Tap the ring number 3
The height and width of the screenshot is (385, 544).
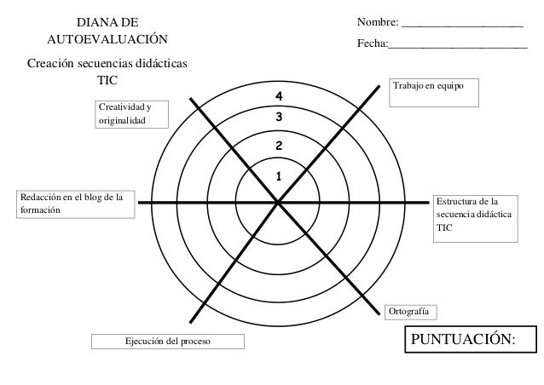click(x=277, y=117)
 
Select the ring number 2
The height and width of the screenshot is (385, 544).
click(x=277, y=147)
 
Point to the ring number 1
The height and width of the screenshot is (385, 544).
click(x=277, y=176)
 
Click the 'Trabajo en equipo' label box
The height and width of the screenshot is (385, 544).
click(x=434, y=91)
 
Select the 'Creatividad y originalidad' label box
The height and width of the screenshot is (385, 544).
click(x=131, y=113)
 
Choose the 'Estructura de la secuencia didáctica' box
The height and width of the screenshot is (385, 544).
click(x=474, y=218)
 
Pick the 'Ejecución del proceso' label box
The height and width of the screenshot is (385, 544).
click(x=168, y=342)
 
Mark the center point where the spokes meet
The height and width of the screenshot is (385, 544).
click(x=278, y=202)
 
